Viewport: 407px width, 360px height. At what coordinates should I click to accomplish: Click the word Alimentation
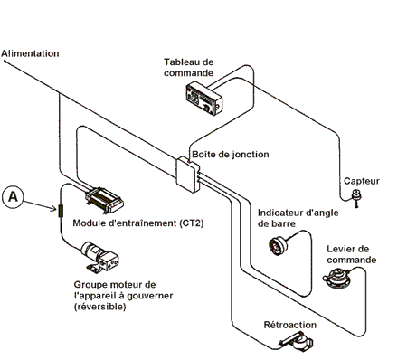[30, 53]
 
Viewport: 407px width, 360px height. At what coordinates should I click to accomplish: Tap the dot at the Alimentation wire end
[5, 62]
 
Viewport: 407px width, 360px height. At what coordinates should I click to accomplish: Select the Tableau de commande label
[189, 68]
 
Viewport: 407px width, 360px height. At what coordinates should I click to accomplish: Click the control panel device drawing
[204, 100]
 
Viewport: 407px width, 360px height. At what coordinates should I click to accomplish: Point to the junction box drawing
[188, 175]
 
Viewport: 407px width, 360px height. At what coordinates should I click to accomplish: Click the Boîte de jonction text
[231, 155]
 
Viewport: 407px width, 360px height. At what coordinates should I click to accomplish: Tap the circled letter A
[13, 197]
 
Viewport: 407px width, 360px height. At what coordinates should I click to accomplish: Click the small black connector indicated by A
[61, 211]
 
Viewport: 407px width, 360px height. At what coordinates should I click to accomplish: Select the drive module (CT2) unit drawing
[104, 200]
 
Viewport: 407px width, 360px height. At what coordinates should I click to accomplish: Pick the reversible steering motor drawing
[99, 257]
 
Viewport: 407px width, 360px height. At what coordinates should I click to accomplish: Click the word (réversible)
[99, 307]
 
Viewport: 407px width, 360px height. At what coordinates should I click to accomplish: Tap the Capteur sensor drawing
[356, 197]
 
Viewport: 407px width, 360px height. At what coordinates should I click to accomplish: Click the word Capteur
[362, 181]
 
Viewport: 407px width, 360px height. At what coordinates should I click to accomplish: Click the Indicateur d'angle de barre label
[298, 218]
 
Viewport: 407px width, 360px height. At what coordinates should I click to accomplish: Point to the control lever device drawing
[336, 279]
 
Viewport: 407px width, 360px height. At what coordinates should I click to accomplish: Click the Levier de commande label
[352, 254]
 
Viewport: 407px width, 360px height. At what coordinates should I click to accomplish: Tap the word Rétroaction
[290, 325]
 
